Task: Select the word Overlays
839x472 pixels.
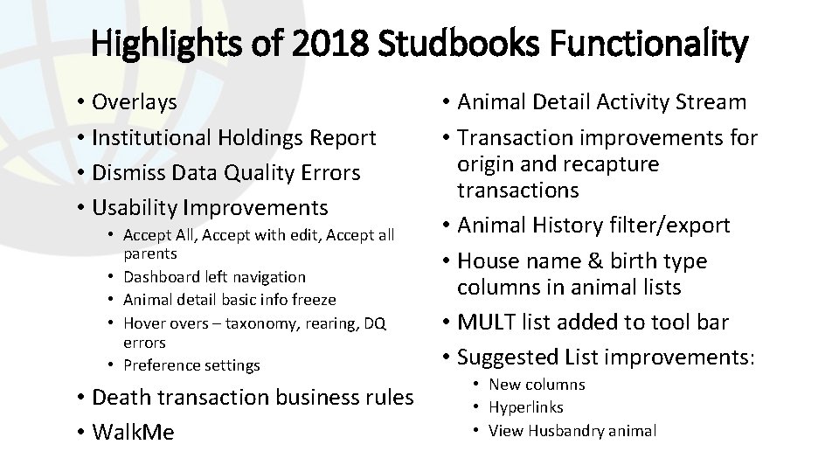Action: pos(135,102)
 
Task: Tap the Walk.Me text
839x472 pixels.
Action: pos(133,432)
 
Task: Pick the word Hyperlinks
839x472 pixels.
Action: pos(526,407)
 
